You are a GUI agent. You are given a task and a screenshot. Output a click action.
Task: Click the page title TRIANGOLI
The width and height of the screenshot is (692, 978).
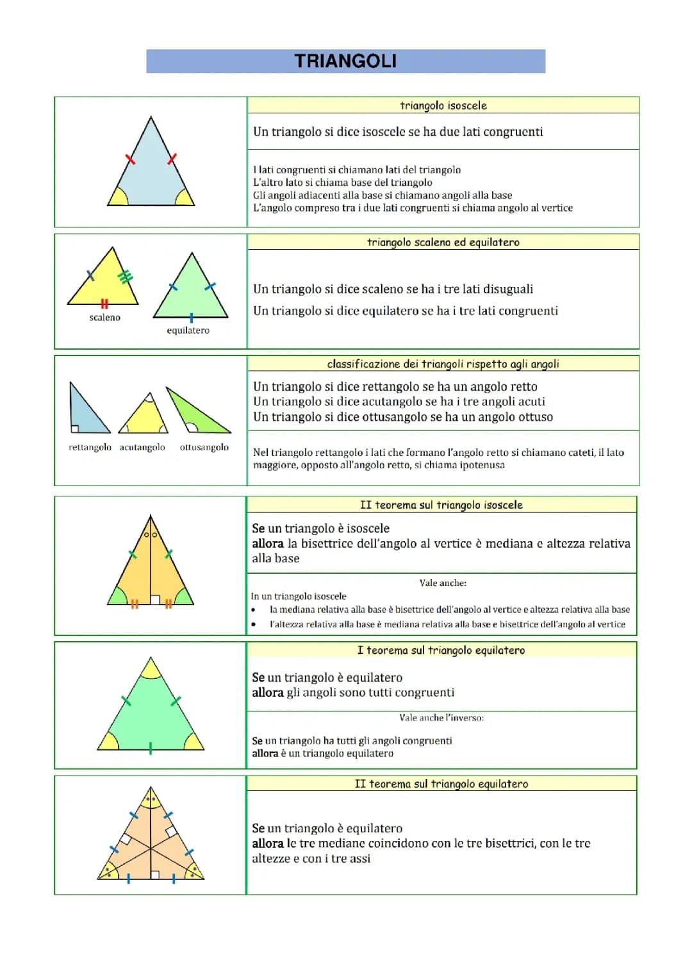tap(345, 61)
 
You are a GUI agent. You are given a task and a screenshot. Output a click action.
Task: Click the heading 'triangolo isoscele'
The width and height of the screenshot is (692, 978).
tap(443, 106)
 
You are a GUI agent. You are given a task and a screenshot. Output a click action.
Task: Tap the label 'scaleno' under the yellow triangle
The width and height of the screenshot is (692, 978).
tap(105, 318)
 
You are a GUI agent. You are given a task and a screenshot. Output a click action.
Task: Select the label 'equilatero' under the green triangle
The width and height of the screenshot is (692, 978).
tap(188, 330)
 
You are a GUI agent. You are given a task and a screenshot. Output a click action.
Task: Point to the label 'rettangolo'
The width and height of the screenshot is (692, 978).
tap(90, 447)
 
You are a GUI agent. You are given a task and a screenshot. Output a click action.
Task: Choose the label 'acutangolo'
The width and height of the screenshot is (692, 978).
tap(142, 447)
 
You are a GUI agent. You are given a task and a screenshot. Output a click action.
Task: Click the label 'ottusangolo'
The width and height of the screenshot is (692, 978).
tap(204, 447)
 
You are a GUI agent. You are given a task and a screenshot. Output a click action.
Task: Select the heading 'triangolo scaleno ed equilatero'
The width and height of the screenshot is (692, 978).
tap(443, 242)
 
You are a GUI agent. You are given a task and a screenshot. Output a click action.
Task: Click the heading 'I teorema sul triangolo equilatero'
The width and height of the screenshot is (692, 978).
tap(441, 650)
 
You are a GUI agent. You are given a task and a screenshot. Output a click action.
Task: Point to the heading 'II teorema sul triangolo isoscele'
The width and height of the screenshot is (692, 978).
tap(441, 505)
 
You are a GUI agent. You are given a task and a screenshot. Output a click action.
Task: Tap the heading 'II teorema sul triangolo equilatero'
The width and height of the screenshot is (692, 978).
tap(441, 784)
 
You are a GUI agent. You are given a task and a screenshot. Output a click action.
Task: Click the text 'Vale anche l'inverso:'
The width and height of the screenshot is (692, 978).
tap(441, 718)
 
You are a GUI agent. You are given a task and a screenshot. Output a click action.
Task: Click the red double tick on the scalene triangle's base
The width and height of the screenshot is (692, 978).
tap(104, 303)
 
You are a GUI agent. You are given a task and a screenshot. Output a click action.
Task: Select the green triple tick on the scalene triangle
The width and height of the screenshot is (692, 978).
tap(126, 276)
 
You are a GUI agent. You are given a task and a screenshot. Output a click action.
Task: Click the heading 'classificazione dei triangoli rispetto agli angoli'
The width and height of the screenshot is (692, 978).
tap(443, 364)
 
